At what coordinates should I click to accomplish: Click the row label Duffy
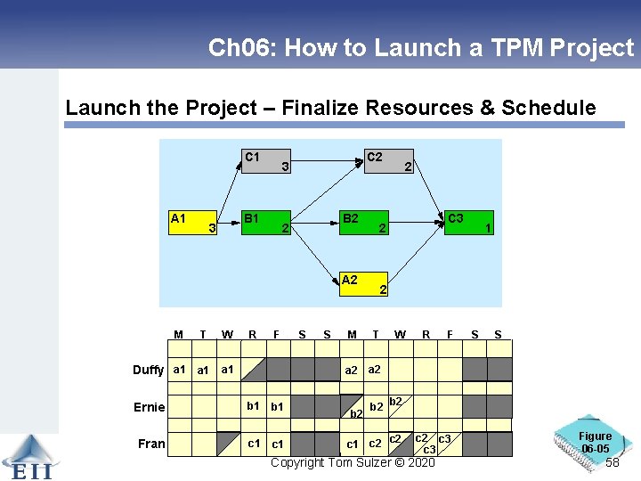pos(148,371)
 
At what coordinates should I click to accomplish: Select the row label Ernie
pos(150,407)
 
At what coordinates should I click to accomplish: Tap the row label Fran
pos(151,444)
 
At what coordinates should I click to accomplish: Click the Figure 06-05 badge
pos(594,442)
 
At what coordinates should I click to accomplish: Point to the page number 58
pos(612,463)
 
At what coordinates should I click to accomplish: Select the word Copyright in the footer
pos(299,462)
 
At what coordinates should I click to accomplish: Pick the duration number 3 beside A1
pos(211,229)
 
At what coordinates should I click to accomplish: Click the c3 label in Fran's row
pos(428,450)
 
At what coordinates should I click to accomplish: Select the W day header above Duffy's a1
pos(228,335)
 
